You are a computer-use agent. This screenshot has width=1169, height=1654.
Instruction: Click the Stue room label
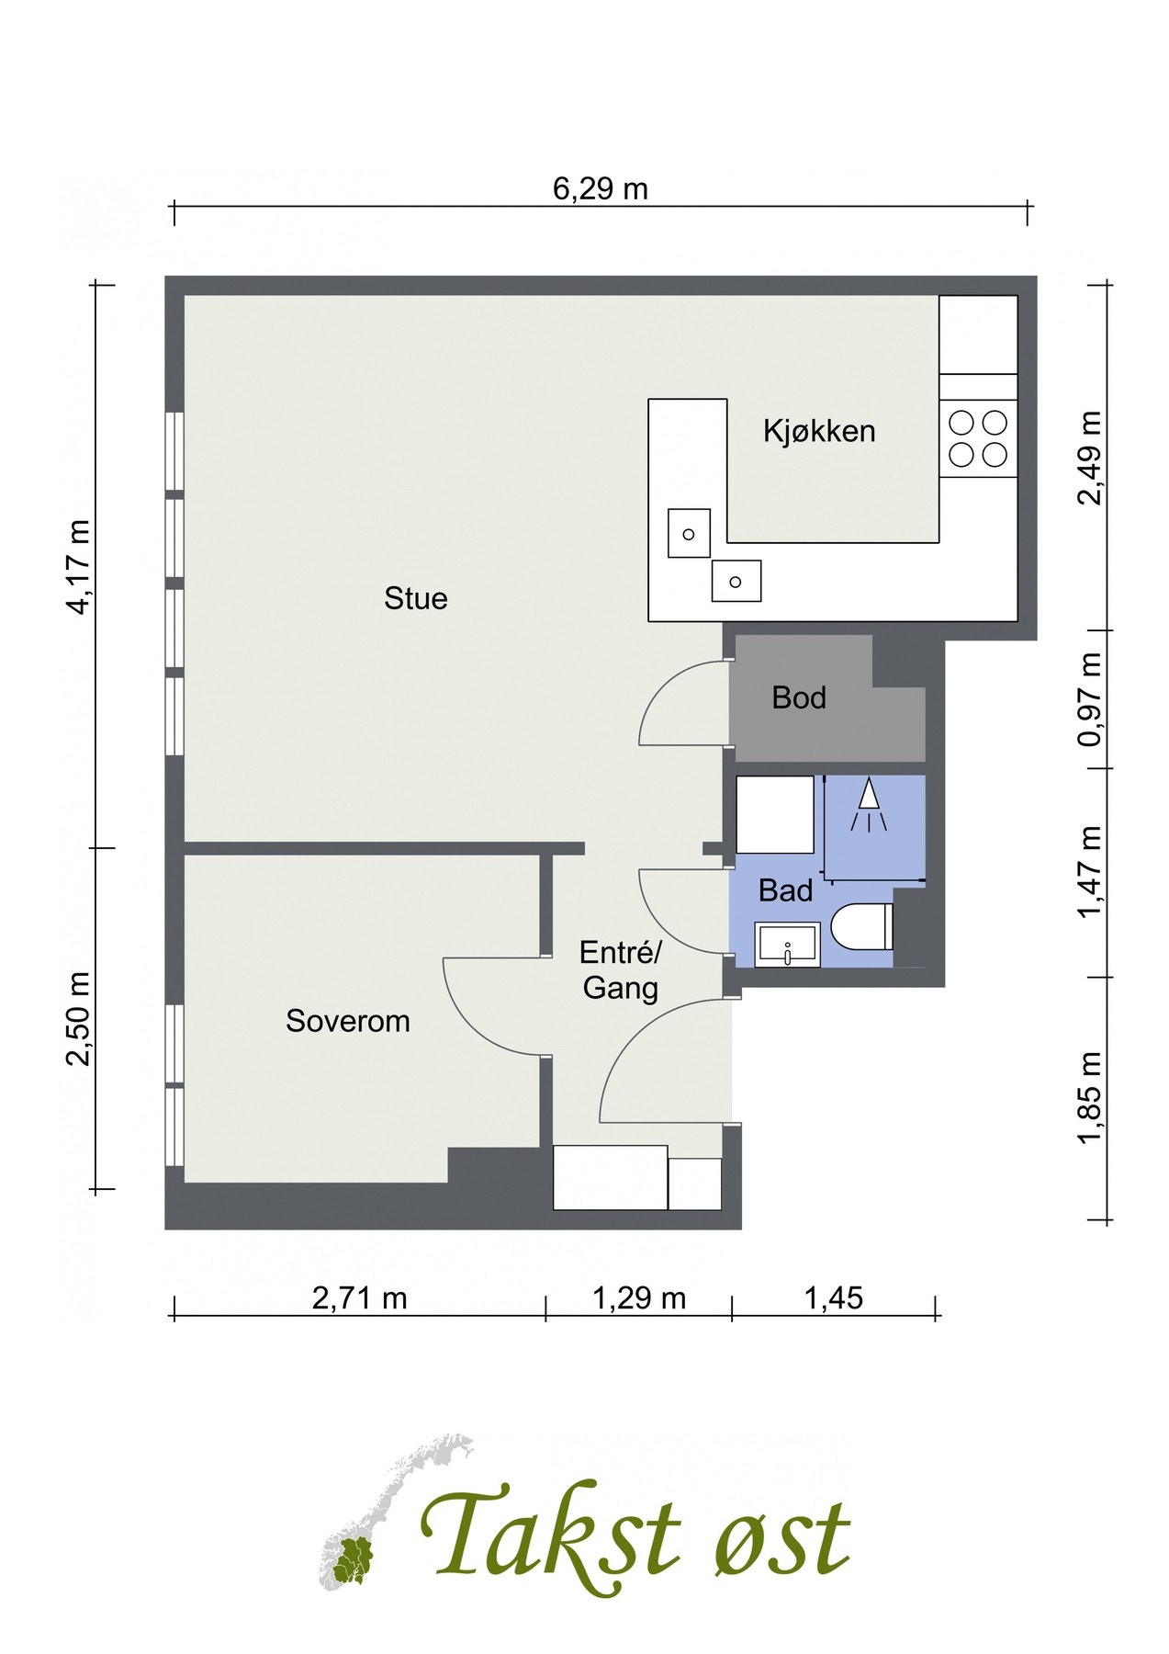tap(416, 599)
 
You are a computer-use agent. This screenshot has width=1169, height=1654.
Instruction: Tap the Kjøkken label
tap(819, 431)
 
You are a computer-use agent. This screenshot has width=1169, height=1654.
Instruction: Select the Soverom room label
tap(348, 1021)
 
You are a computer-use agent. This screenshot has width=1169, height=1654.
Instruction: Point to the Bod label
tap(799, 698)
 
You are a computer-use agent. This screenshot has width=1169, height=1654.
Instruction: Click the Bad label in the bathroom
tap(786, 890)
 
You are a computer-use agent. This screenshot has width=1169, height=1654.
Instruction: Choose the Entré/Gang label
tap(621, 970)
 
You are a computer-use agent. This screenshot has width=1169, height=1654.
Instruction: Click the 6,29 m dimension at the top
tap(601, 188)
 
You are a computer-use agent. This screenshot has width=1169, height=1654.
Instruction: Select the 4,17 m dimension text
tap(79, 567)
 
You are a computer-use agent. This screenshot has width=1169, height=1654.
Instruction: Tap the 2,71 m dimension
tap(360, 1298)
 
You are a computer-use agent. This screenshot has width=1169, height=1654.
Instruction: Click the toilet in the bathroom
tap(863, 926)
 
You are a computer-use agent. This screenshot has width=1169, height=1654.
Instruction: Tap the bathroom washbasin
tap(787, 945)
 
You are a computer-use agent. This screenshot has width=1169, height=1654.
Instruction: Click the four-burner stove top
tap(978, 439)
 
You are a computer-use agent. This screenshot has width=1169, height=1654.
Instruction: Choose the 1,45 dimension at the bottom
tap(834, 1298)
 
